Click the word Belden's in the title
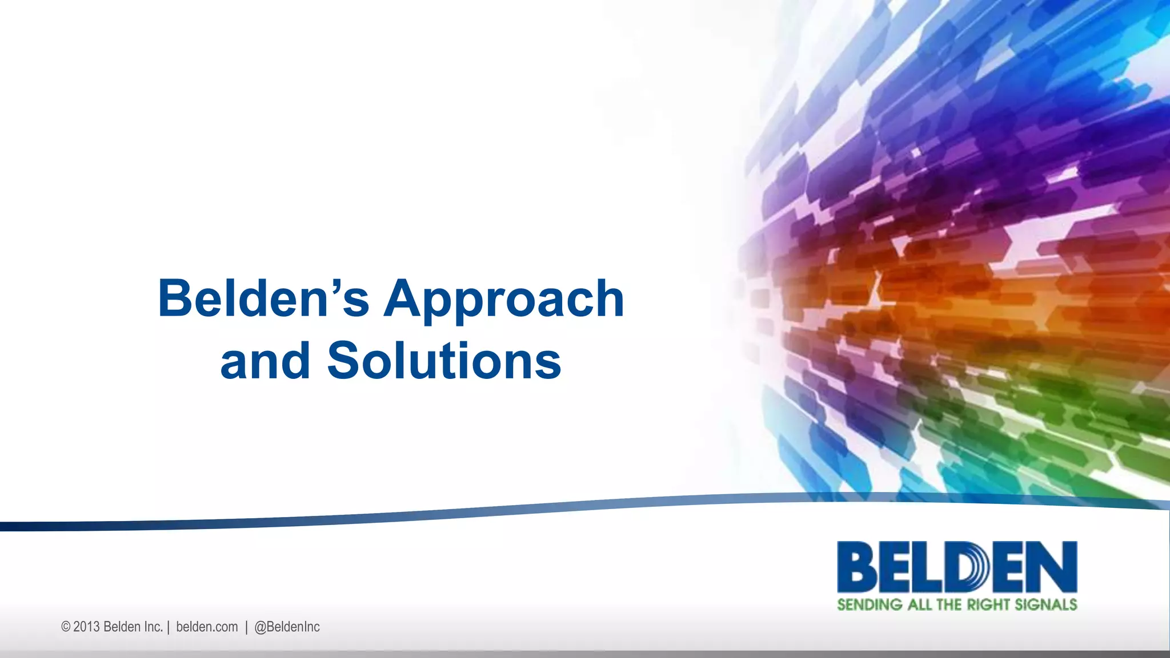pyautogui.click(x=264, y=298)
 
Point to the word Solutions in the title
pyautogui.click(x=444, y=361)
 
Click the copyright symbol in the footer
pyautogui.click(x=66, y=627)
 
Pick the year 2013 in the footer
pyautogui.click(x=86, y=627)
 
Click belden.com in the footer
pyautogui.click(x=207, y=627)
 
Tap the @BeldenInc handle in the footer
pyautogui.click(x=287, y=627)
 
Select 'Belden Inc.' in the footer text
pyautogui.click(x=133, y=627)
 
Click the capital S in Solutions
pyautogui.click(x=345, y=361)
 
